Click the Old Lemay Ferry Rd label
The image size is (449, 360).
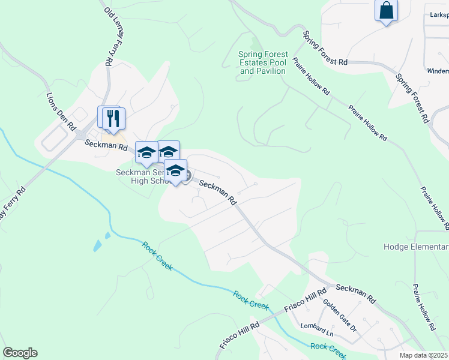tap(109, 36)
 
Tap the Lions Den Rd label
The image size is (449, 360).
tap(61, 112)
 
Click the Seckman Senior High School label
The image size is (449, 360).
tap(144, 178)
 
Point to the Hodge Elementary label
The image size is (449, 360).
tap(416, 247)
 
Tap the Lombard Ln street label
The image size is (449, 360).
tap(318, 329)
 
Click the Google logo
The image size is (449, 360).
tap(20, 353)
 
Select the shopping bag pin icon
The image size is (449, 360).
tap(386, 11)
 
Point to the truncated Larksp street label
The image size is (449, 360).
tap(435, 14)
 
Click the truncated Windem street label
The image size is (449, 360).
tap(437, 71)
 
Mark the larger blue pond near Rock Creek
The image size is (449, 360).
tap(97, 245)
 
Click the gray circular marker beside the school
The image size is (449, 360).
tap(187, 176)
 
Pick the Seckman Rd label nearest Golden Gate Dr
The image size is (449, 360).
tap(355, 293)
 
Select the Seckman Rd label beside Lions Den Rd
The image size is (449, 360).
tap(106, 145)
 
